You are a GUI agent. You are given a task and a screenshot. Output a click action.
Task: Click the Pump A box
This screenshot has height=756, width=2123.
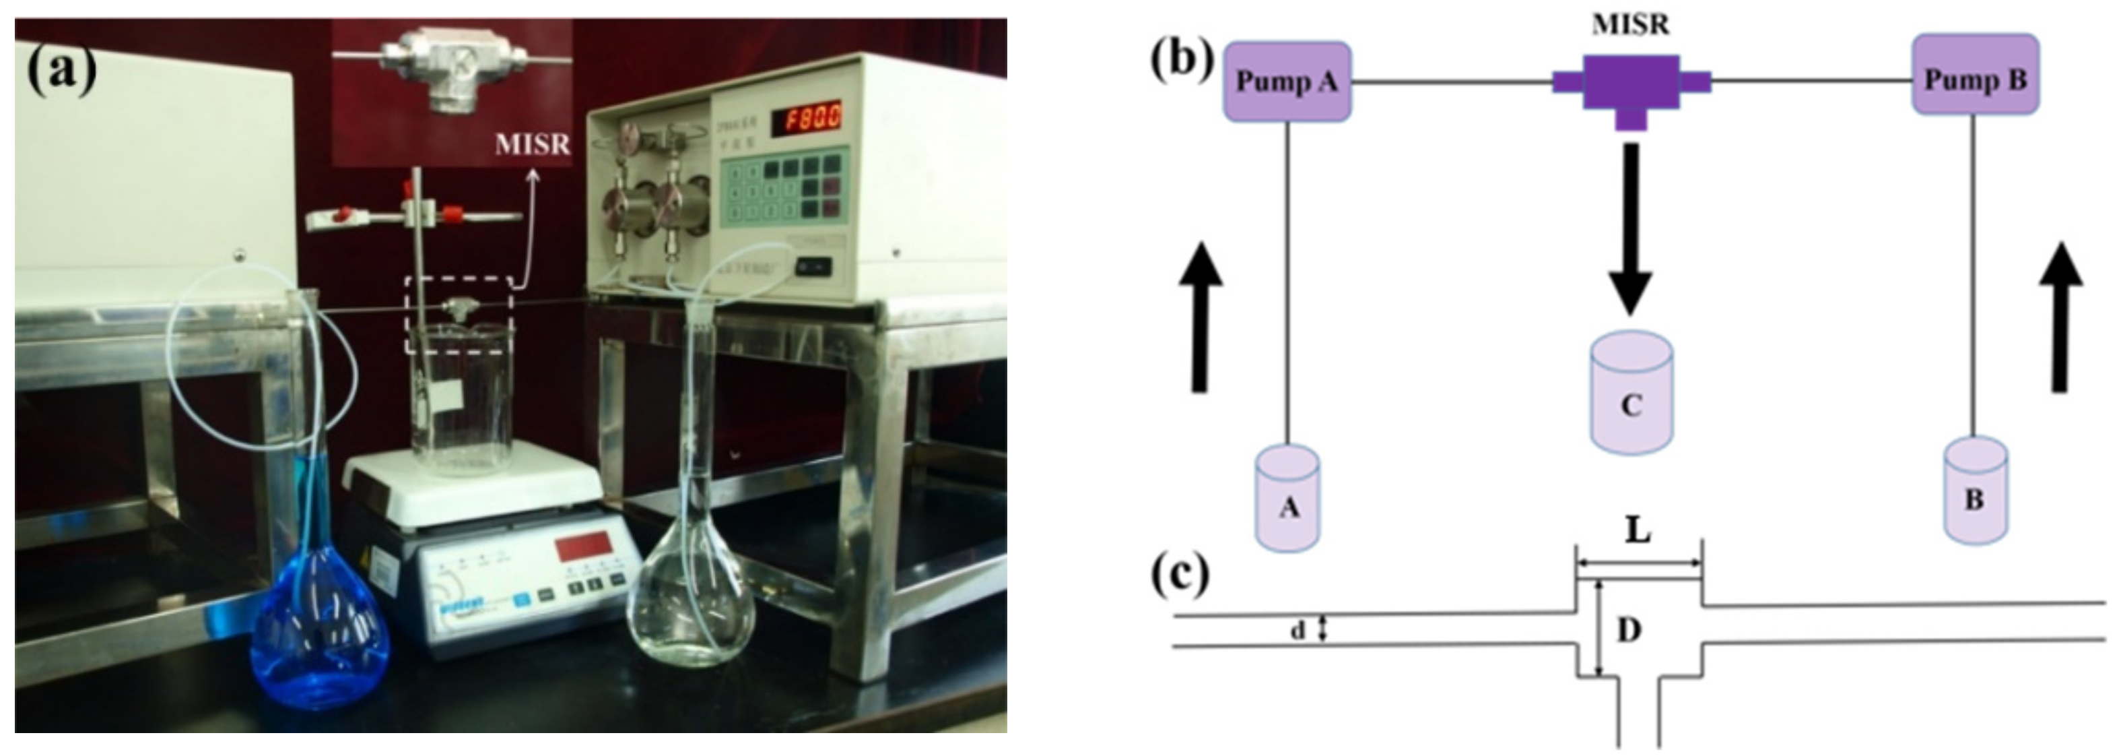coord(1287,82)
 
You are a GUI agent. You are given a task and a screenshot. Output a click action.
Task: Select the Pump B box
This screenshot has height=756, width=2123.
coord(1975,80)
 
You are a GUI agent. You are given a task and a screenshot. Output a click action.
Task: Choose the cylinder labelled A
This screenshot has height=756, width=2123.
coord(1287,498)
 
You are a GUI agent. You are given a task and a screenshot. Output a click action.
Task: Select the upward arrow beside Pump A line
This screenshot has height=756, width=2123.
coord(1200,317)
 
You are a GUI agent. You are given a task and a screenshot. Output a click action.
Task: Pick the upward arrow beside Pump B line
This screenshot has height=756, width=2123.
coord(2060,317)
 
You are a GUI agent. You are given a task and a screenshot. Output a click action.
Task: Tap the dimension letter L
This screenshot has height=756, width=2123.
coord(1638,530)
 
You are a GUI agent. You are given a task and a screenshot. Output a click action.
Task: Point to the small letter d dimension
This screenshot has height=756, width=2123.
coord(1298,631)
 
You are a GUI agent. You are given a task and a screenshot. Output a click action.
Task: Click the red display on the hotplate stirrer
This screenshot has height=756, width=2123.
coord(582,546)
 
